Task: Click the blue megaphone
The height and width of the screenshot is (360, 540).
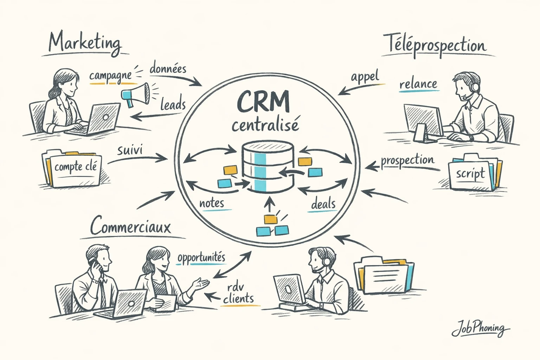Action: point(135,94)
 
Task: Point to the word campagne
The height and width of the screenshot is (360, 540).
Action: point(110,76)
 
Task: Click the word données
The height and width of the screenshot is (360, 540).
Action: point(168,68)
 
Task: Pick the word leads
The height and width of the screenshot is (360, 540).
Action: point(173,104)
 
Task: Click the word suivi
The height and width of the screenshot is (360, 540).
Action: point(130,150)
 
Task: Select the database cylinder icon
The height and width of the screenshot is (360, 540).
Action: point(268,166)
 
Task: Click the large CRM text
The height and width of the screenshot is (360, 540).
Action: point(263,101)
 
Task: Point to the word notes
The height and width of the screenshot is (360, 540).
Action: point(212,203)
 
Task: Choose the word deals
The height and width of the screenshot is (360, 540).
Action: point(323,204)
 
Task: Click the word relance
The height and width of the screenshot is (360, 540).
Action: point(418,84)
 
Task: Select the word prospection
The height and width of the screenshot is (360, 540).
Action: point(407,161)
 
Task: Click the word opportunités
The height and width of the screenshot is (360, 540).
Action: point(201,258)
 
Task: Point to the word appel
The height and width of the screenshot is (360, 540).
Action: point(365,76)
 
